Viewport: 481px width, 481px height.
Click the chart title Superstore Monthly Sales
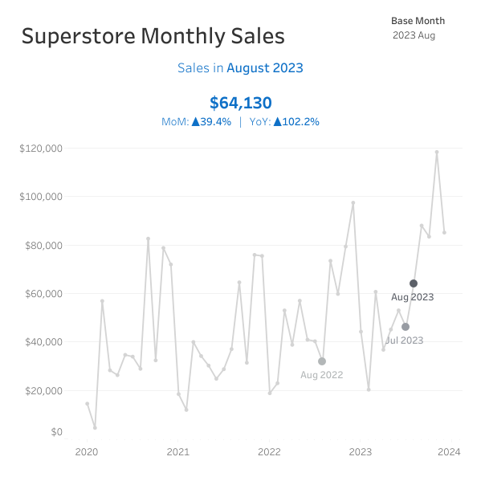(153, 36)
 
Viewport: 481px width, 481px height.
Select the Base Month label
(418, 21)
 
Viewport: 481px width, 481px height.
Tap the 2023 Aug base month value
(414, 35)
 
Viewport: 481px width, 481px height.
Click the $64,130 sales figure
(240, 103)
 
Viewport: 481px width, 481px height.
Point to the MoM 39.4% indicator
(196, 122)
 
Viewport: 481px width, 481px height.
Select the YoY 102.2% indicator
(284, 122)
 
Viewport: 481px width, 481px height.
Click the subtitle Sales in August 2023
(240, 68)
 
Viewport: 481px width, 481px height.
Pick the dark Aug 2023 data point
(414, 283)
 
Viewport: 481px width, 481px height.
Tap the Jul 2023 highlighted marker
(406, 327)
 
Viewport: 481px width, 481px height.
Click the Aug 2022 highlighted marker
(322, 361)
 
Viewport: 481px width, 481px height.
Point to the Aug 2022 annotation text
(321, 375)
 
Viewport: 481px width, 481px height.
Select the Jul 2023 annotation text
(404, 340)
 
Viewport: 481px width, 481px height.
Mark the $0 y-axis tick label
(56, 432)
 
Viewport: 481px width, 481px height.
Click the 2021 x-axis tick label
(177, 452)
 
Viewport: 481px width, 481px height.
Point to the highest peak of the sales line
(437, 152)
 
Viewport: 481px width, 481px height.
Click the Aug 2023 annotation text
(413, 298)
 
